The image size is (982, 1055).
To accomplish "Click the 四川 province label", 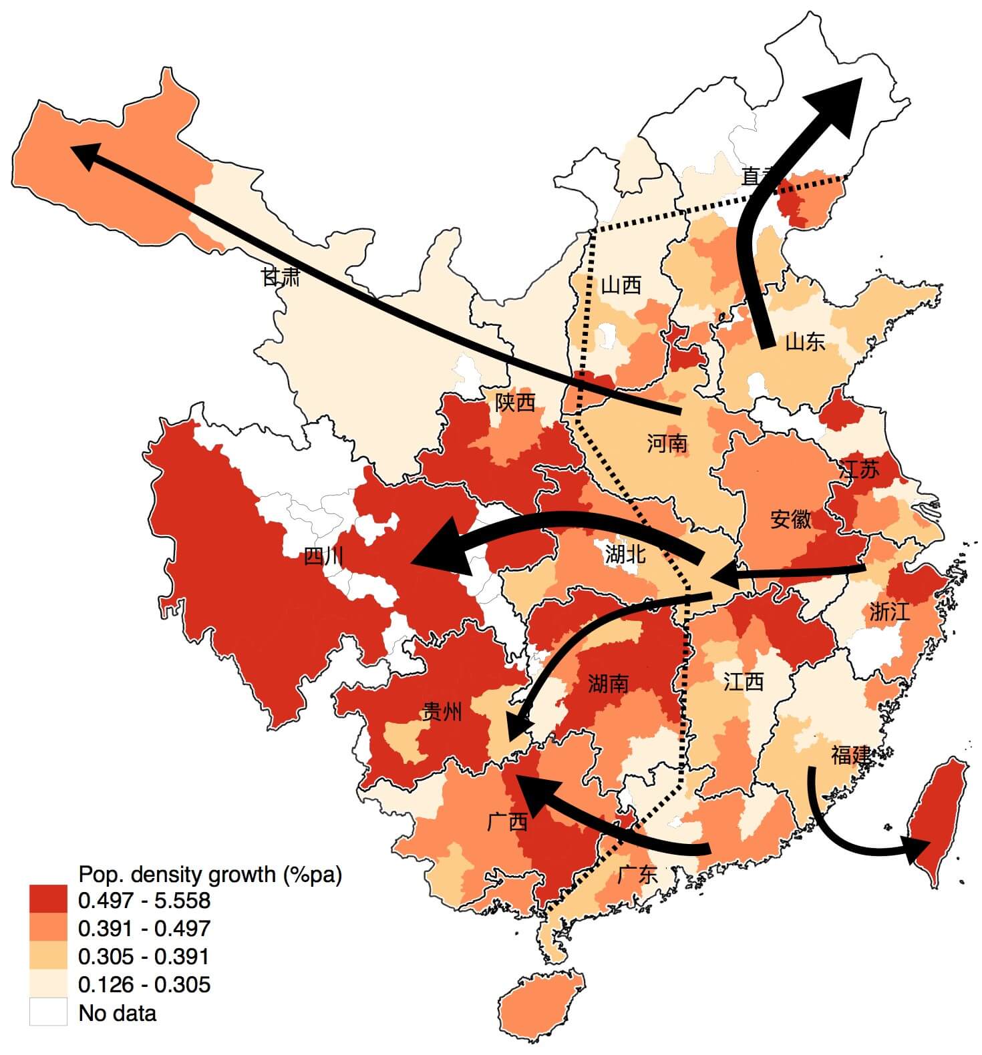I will point(324,556).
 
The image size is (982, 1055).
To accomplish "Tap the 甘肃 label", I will point(281,276).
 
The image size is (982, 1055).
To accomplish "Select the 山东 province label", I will point(804,342).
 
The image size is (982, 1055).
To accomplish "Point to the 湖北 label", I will point(625,553).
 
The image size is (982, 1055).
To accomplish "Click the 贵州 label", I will point(442,712).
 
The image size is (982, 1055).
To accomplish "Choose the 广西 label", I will point(508,821).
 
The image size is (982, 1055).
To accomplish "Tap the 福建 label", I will point(850,755).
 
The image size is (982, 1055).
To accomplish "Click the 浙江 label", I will point(889,612).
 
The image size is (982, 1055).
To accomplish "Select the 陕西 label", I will point(514,402).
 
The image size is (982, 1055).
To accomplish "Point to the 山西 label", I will point(621,285).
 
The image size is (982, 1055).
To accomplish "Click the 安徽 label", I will point(790,519).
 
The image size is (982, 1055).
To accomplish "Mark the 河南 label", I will point(667,442).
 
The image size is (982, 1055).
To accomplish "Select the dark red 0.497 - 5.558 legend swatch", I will point(48,899).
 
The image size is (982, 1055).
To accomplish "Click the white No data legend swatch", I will point(48,1012).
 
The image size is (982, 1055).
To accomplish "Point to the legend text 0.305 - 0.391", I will point(144,956).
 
